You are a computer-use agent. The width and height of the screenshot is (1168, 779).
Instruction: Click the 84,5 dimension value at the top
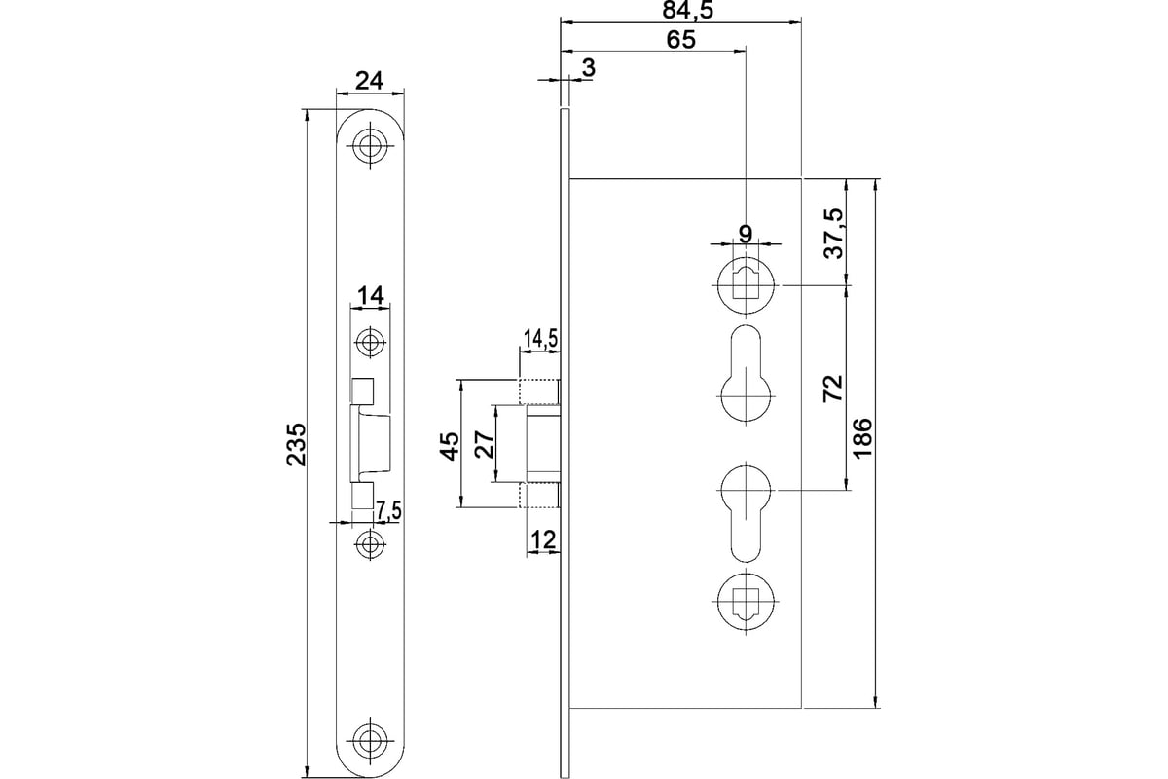coord(687,10)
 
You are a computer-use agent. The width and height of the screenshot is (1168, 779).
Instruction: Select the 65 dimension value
coord(681,40)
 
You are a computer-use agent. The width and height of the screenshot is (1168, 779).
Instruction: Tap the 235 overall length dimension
coord(297,444)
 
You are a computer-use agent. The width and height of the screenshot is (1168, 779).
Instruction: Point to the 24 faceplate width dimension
coord(369,81)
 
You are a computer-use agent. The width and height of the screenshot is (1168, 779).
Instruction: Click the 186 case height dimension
coord(862,437)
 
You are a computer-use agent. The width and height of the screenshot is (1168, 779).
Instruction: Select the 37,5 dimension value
coord(833,234)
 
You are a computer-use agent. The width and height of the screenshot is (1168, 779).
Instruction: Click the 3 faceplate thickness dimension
coord(588,68)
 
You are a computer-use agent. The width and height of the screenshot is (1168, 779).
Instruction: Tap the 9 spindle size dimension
coord(746,235)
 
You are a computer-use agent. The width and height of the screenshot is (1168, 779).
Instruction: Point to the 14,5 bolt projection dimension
coord(538,339)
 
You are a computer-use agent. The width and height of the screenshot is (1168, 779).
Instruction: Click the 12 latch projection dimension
coord(542,539)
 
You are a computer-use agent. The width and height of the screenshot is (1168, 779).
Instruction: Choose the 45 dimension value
coord(451,446)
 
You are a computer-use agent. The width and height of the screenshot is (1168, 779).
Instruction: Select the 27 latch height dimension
coord(486,445)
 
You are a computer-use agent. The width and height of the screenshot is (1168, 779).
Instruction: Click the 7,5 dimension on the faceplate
coord(388,511)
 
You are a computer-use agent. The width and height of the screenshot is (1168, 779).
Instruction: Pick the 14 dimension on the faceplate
coord(370,295)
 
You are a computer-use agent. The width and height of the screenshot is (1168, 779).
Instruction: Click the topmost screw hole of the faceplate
coord(370,145)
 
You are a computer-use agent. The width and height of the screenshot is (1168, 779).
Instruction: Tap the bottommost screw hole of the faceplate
coord(370,739)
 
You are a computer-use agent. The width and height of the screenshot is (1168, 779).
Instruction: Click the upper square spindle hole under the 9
coord(746,285)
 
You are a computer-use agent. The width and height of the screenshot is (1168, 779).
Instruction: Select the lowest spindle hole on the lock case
coord(746,602)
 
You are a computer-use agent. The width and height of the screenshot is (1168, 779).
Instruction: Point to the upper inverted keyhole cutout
coord(747,374)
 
